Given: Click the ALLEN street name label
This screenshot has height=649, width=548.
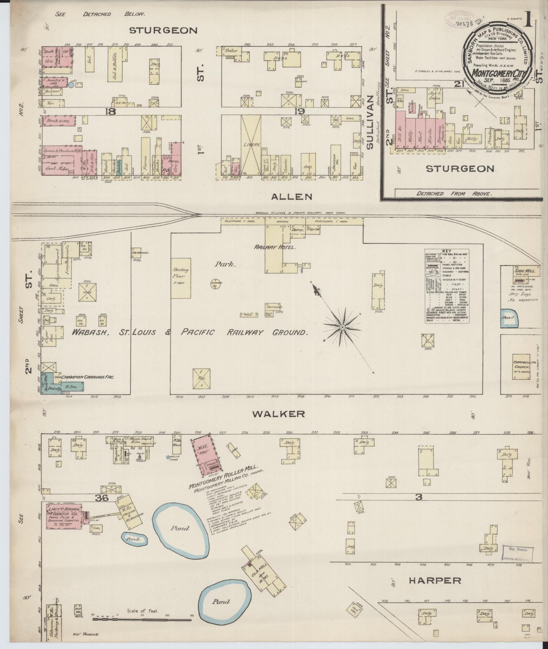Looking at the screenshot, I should [x=292, y=196].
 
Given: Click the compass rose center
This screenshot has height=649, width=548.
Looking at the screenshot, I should [x=342, y=327].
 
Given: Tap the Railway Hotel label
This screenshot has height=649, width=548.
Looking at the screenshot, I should [x=275, y=247].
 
